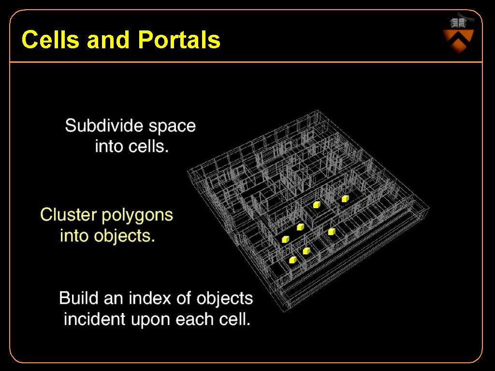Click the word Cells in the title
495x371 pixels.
pyautogui.click(x=50, y=40)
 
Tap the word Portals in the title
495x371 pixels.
pyautogui.click(x=179, y=40)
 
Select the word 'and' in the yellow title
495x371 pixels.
pyautogui.click(x=108, y=40)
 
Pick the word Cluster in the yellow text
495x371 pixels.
pyautogui.click(x=68, y=214)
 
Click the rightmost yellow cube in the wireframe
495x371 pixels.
pyautogui.click(x=345, y=199)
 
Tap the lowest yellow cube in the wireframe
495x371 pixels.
pyautogui.click(x=292, y=260)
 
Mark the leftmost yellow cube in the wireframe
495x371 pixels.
pyautogui.click(x=285, y=239)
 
